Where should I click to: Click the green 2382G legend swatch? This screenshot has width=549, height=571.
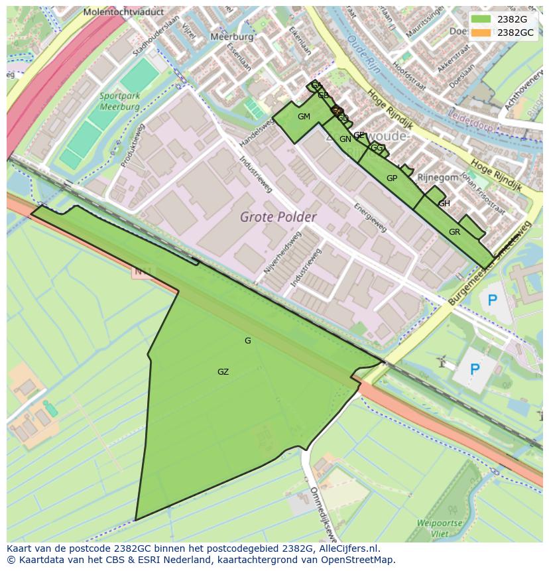pyautogui.click(x=481, y=19)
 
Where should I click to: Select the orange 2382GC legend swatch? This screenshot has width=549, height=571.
pyautogui.click(x=481, y=32)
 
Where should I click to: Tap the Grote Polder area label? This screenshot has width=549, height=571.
pyautogui.click(x=278, y=217)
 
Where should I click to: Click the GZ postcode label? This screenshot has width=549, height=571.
pyautogui.click(x=223, y=372)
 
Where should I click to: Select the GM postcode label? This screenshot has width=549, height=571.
pyautogui.click(x=304, y=117)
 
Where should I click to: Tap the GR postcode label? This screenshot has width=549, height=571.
pyautogui.click(x=454, y=232)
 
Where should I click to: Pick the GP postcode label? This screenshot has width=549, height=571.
pyautogui.click(x=391, y=178)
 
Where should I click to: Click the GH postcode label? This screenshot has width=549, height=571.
pyautogui.click(x=444, y=204)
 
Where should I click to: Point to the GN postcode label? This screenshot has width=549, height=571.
pyautogui.click(x=345, y=139)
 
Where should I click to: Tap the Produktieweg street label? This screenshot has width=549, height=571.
pyautogui.click(x=130, y=144)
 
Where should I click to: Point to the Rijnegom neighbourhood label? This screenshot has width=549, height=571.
pyautogui.click(x=437, y=177)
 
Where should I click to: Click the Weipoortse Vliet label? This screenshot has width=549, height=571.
pyautogui.click(x=440, y=528)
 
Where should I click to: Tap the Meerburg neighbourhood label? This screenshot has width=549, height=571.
pyautogui.click(x=232, y=37)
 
